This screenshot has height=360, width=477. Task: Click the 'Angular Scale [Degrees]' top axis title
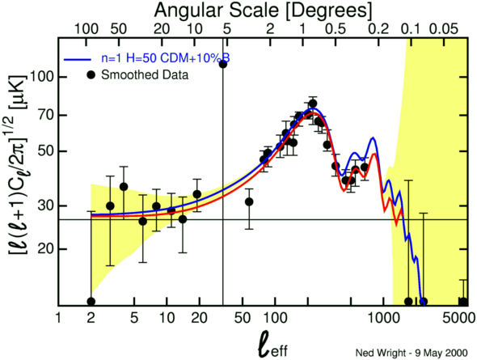[x=263, y=11]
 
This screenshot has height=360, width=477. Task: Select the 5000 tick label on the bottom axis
[x=459, y=318]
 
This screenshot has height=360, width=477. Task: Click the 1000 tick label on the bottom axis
[x=383, y=318]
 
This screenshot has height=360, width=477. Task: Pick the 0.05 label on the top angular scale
[x=443, y=29]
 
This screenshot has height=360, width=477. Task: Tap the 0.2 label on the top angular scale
[x=378, y=29]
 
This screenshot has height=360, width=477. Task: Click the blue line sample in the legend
[x=78, y=60]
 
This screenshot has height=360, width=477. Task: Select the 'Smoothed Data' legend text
[x=145, y=75]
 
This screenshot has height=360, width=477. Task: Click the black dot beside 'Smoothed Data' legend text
[x=91, y=75]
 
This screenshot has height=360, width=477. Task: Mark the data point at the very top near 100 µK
[x=223, y=64]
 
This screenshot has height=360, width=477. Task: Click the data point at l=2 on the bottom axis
[x=91, y=302]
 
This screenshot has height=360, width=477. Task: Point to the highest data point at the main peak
[x=313, y=104]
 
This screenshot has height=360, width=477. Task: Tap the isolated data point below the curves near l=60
[x=249, y=201]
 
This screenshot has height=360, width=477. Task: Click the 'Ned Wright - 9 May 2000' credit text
[x=412, y=353]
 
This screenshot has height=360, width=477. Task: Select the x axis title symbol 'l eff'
[x=273, y=344]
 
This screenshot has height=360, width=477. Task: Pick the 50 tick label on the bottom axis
[x=243, y=318]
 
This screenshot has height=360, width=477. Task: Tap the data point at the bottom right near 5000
[x=463, y=302]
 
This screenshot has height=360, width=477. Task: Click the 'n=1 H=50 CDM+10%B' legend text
[x=166, y=58]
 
